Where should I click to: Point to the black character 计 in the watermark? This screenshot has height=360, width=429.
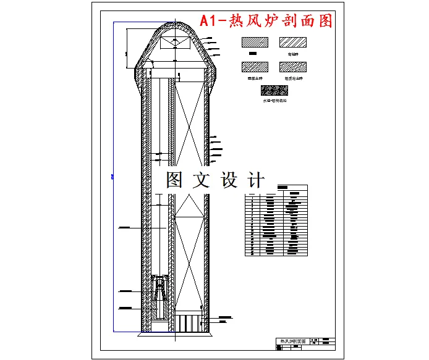click(255, 180)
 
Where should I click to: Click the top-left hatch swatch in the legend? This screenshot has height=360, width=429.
click(253, 42)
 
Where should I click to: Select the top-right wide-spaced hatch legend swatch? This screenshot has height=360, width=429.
click(293, 42)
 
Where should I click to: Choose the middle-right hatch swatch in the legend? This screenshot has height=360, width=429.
click(293, 67)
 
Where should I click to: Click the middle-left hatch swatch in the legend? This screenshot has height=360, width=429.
click(253, 67)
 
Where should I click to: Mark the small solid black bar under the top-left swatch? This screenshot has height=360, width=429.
click(252, 54)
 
